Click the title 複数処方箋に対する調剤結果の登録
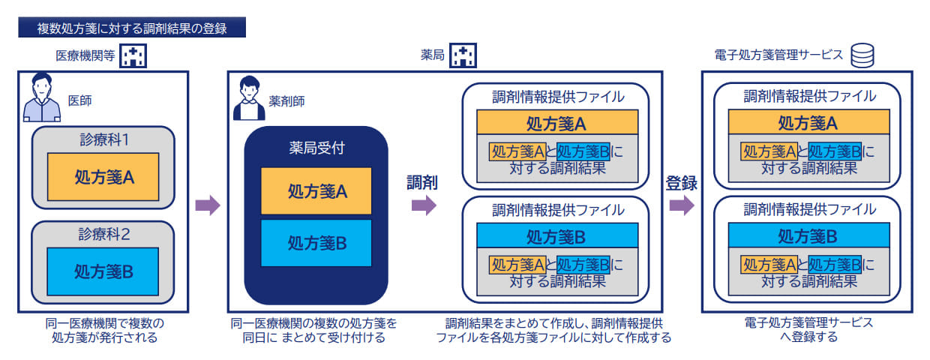[x=131, y=28]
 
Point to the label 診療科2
[x=104, y=234]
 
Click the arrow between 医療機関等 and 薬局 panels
[x=208, y=205]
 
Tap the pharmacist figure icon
[x=250, y=98]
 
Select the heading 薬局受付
[x=316, y=148]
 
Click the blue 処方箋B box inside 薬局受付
[x=316, y=243]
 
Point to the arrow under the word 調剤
[x=424, y=204]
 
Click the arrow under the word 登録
[x=681, y=205]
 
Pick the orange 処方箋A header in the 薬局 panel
[x=556, y=122]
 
